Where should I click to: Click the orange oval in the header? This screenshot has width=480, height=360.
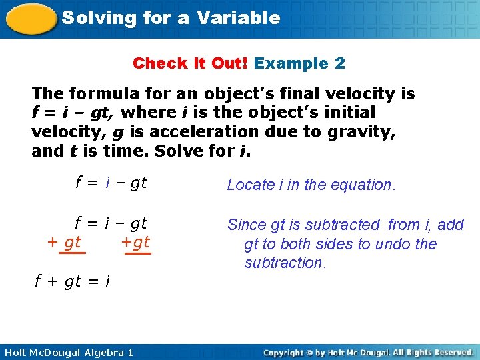[29, 18]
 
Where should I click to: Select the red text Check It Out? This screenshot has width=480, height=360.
[191, 63]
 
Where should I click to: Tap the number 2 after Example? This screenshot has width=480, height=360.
[340, 63]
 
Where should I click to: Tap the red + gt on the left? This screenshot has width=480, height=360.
[65, 242]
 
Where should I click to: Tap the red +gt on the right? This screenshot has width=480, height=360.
[136, 242]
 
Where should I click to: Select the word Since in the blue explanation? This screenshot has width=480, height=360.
[247, 225]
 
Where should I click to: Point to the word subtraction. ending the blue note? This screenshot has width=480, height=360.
[285, 263]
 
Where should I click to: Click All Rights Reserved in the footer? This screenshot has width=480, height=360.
[433, 352]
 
